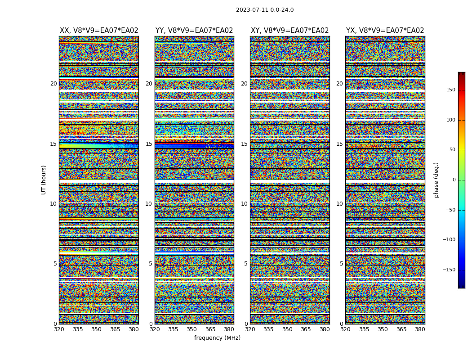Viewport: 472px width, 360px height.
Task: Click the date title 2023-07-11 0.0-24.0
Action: [x=265, y=10]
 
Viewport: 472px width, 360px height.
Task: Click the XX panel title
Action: [x=99, y=31]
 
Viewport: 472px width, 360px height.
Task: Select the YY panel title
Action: [x=194, y=31]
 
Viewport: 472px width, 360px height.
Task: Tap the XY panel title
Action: [x=289, y=31]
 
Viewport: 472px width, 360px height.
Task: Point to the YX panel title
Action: [x=385, y=31]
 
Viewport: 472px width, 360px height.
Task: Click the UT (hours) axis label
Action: [x=44, y=180]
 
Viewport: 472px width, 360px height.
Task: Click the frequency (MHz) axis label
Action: [x=217, y=338]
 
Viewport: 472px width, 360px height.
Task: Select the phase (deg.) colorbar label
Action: [x=436, y=180]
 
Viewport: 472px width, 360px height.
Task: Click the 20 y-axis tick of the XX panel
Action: [x=53, y=84]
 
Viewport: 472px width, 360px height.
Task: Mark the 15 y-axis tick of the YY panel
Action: [x=149, y=144]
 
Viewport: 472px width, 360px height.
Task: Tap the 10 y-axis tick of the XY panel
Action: [x=244, y=204]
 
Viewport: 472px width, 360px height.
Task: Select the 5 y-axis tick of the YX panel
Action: [x=341, y=264]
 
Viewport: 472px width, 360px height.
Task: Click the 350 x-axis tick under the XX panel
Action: [x=96, y=329]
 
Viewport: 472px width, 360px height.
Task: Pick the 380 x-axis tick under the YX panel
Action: [x=420, y=329]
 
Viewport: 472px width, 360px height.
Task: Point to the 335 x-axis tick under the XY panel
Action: [x=268, y=329]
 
